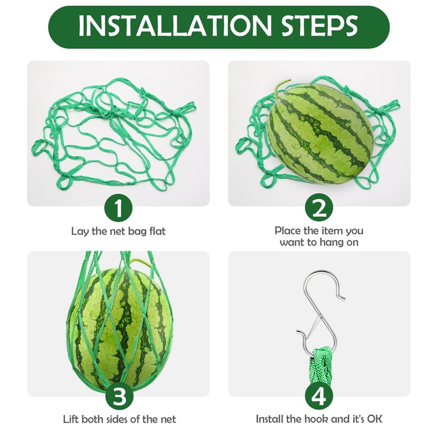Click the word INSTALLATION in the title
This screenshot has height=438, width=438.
coord(175,25)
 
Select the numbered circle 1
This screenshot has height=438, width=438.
coord(119,209)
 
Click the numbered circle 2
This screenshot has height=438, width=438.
coord(319,209)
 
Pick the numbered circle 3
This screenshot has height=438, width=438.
coord(119,396)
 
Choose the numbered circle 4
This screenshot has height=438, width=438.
coord(319,396)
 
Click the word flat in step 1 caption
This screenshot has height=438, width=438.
coord(157,231)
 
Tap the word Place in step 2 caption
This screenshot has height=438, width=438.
coord(288,230)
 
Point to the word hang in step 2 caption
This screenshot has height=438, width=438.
coord(331,243)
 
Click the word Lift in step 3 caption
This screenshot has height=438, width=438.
coord(71,419)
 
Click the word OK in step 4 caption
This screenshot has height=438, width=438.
coord(374,419)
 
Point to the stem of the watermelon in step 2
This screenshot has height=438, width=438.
coord(281,87)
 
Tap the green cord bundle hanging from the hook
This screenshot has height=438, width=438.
coord(321,365)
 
